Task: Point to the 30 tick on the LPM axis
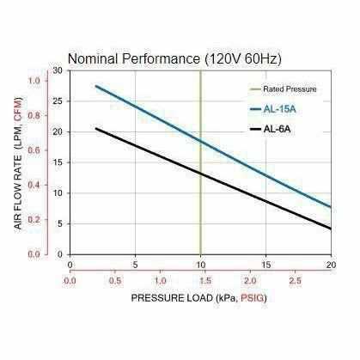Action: pyautogui.click(x=58, y=70)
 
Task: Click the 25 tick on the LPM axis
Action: pyautogui.click(x=58, y=101)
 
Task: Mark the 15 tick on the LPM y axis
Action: pyautogui.click(x=58, y=162)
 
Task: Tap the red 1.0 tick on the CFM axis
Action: pyautogui.click(x=35, y=81)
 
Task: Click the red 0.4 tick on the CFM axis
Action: pyautogui.click(x=35, y=185)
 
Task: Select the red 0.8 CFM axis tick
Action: pyautogui.click(x=35, y=116)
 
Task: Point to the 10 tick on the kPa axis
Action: pyautogui.click(x=200, y=264)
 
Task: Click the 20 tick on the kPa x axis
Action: pyautogui.click(x=331, y=264)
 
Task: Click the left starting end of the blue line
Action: pyautogui.click(x=95, y=86)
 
